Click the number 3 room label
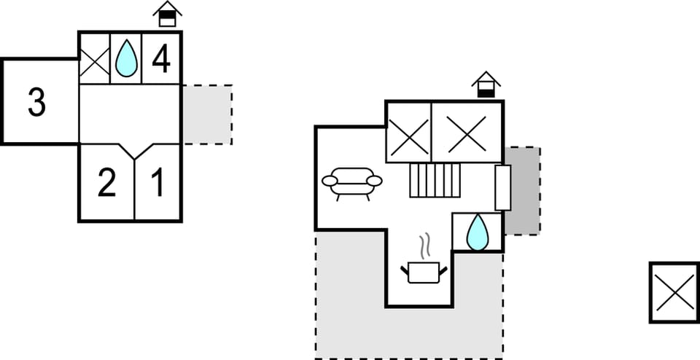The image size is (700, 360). [36, 102]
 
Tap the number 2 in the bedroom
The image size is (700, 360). [106, 182]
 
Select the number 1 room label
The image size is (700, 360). [157, 182]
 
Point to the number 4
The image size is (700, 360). [161, 58]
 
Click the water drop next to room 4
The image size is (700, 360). [126, 58]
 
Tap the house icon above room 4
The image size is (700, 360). [168, 14]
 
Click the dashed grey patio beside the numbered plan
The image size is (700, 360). [207, 114]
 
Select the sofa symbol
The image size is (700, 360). [351, 184]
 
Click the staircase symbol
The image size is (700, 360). [435, 180]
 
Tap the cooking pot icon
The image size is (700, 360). [424, 273]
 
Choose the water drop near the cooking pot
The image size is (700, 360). [478, 232]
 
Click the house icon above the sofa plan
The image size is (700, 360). [486, 85]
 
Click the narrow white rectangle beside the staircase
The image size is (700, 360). [503, 188]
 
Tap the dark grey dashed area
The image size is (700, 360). [522, 191]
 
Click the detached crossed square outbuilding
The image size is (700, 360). [674, 292]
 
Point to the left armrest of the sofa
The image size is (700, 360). [330, 181]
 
